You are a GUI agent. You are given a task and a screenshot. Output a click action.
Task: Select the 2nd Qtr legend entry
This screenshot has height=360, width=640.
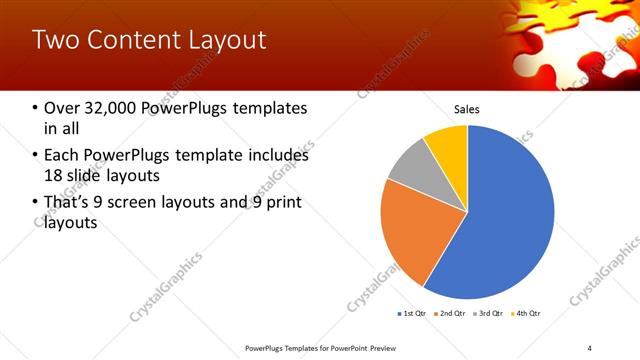pos(450,314)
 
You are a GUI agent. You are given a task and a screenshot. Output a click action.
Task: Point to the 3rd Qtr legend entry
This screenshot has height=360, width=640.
pos(488,314)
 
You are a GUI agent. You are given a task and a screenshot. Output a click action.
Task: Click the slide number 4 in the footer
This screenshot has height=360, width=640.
pos(590,347)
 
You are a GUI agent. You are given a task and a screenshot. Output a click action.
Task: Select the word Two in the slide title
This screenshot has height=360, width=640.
pos(53,41)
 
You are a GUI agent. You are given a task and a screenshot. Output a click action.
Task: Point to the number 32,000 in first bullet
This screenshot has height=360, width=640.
pos(118,108)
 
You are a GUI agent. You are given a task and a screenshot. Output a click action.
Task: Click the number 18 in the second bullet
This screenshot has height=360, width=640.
pos(53,177)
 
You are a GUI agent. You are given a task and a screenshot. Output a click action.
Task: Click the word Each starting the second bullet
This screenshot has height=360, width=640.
pos(62,155)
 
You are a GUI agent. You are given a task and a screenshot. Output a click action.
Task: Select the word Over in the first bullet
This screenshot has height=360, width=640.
pos(62,108)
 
